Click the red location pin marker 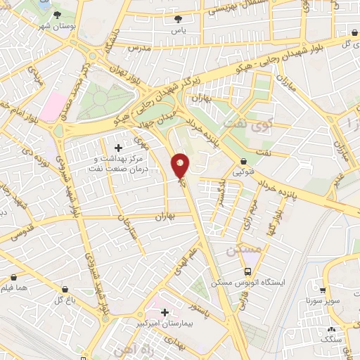tap(181, 166)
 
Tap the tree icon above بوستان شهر tap(58, 13)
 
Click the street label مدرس tap(140, 47)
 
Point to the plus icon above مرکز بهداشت tap(118, 148)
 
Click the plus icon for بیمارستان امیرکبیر tap(165, 312)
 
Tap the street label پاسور tap(202, 309)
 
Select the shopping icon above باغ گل tap(65, 290)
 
